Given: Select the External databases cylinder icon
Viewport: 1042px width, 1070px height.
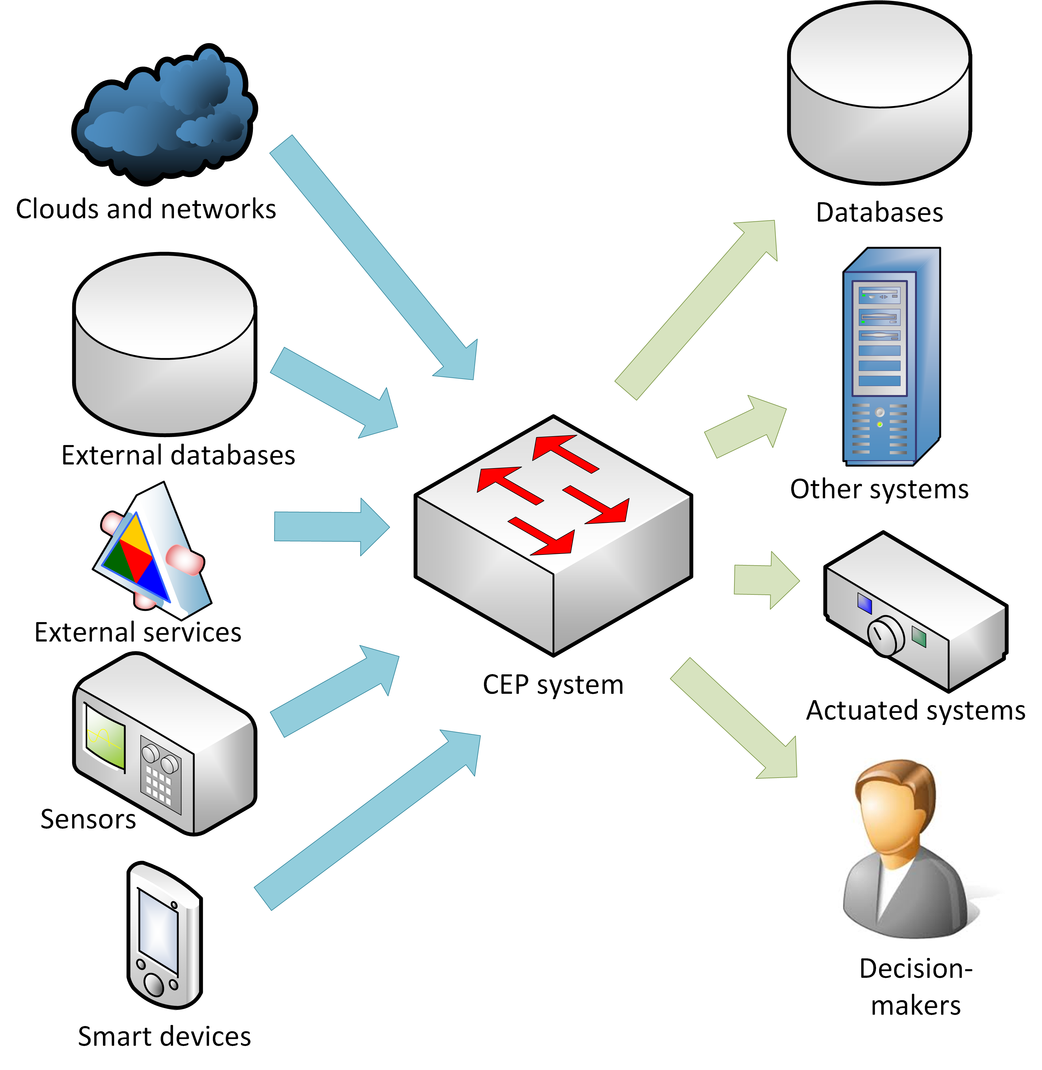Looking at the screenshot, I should tap(164, 345).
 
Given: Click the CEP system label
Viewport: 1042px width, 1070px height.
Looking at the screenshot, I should tap(553, 685).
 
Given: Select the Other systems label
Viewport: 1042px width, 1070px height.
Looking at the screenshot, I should tap(879, 489).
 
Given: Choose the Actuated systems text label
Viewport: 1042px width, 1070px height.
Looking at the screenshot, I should tap(915, 710).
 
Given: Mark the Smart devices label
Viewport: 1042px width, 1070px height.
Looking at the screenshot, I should tap(164, 1036).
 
